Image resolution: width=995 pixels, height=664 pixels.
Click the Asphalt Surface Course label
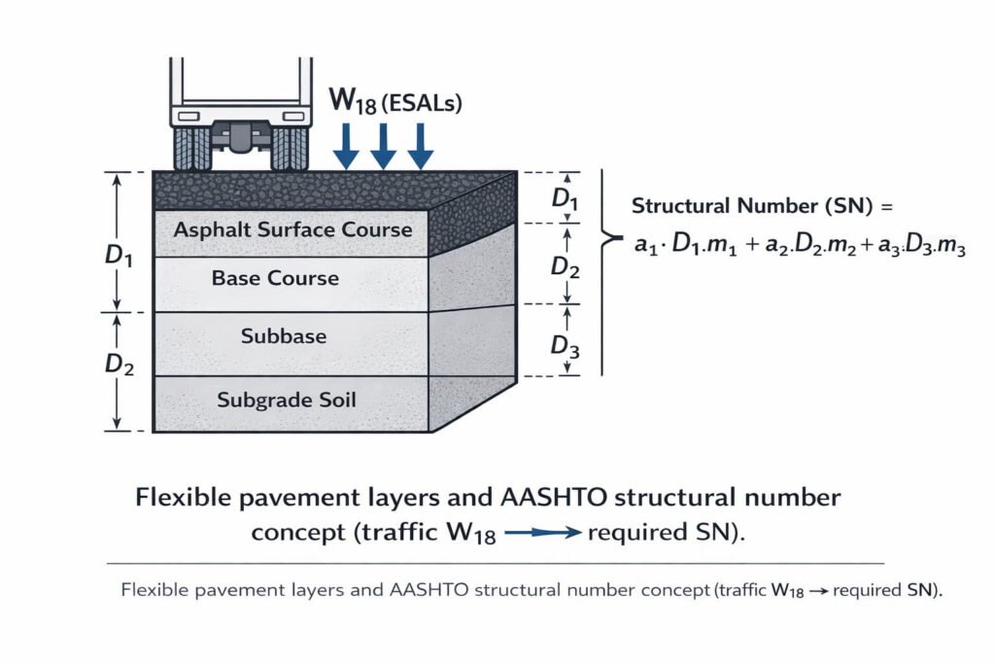click(x=292, y=230)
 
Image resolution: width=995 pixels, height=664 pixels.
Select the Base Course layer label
click(x=275, y=278)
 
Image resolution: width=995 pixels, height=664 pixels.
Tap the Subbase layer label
click(x=284, y=336)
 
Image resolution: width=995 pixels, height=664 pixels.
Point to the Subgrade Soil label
click(x=286, y=399)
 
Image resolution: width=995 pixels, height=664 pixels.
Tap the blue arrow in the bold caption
click(x=542, y=533)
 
